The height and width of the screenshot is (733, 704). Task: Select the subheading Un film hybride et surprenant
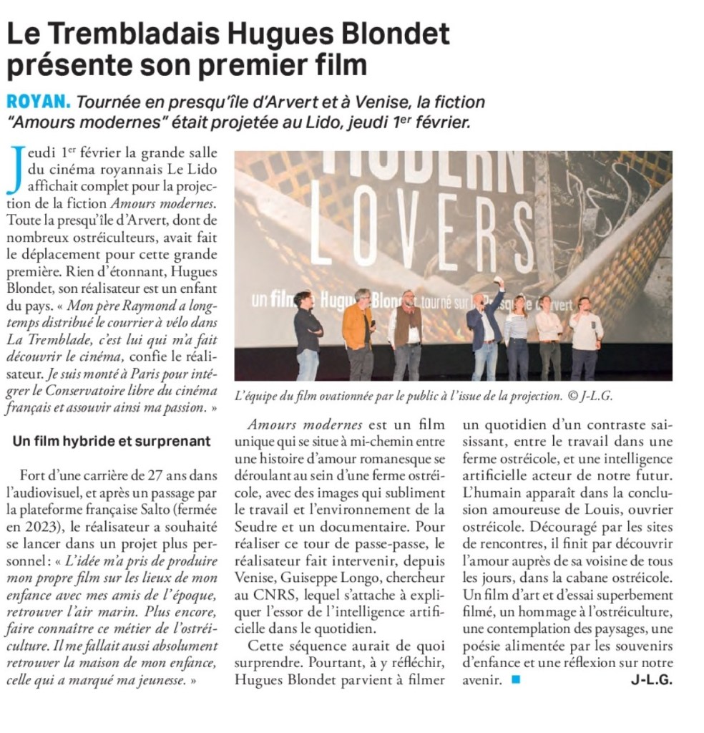point(112,441)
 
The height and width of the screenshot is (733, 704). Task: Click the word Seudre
point(255,526)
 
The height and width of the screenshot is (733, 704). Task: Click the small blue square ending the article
point(516,680)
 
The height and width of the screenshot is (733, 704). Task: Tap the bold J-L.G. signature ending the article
point(651,680)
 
